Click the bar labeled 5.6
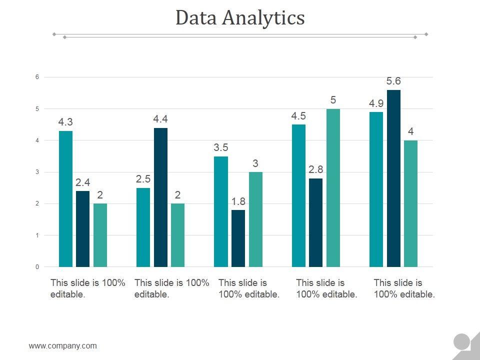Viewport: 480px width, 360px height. tap(393, 178)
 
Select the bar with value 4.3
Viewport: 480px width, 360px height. tap(65, 198)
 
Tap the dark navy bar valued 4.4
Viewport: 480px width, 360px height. tap(160, 197)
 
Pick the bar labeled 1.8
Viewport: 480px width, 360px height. tap(238, 238)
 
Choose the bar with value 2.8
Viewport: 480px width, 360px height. tap(315, 222)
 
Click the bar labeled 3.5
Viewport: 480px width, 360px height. tap(221, 211)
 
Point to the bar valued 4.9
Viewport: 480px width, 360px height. tap(376, 189)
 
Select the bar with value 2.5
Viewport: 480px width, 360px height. tap(143, 227)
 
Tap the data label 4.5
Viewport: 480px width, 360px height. tap(298, 116)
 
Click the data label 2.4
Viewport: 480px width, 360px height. tap(82, 182)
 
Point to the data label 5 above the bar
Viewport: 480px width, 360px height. tap(333, 100)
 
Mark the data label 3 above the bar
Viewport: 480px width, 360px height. tap(255, 163)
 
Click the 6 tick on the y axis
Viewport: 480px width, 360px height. tap(37, 77)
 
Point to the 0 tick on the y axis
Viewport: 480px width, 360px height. tap(37, 267)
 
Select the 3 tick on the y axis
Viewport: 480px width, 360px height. tap(37, 172)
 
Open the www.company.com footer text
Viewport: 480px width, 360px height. tap(63, 345)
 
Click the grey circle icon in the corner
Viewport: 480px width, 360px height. tap(461, 342)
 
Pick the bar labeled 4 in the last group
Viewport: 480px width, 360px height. tap(410, 203)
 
